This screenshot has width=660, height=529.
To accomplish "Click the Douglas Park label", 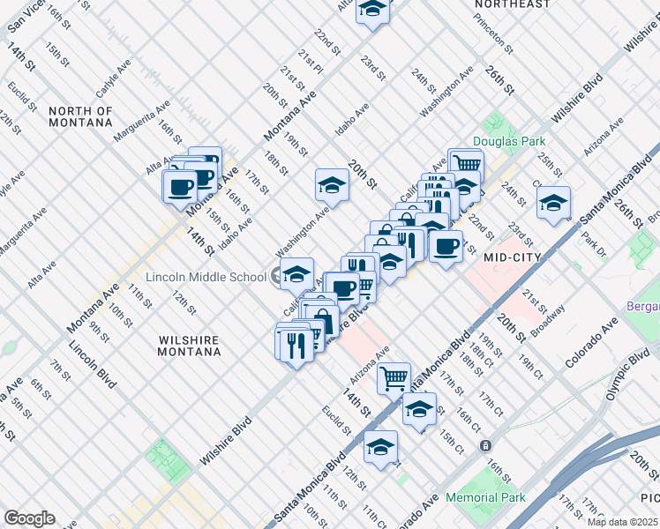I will tap(508, 141).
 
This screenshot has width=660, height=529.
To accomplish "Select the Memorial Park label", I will tap(485, 498).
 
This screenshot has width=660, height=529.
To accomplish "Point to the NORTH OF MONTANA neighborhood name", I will tap(81, 116).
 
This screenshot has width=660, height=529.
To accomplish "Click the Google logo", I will tap(29, 518).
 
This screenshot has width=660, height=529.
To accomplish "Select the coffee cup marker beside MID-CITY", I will tap(446, 246).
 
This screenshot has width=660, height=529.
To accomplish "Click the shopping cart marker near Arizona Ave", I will tap(394, 378).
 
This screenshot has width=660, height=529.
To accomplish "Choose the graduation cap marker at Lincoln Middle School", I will tap(297, 275).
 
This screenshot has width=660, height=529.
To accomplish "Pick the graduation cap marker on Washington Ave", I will tap(332, 185).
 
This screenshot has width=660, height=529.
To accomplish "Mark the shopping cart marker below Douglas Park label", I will tap(466, 164).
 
